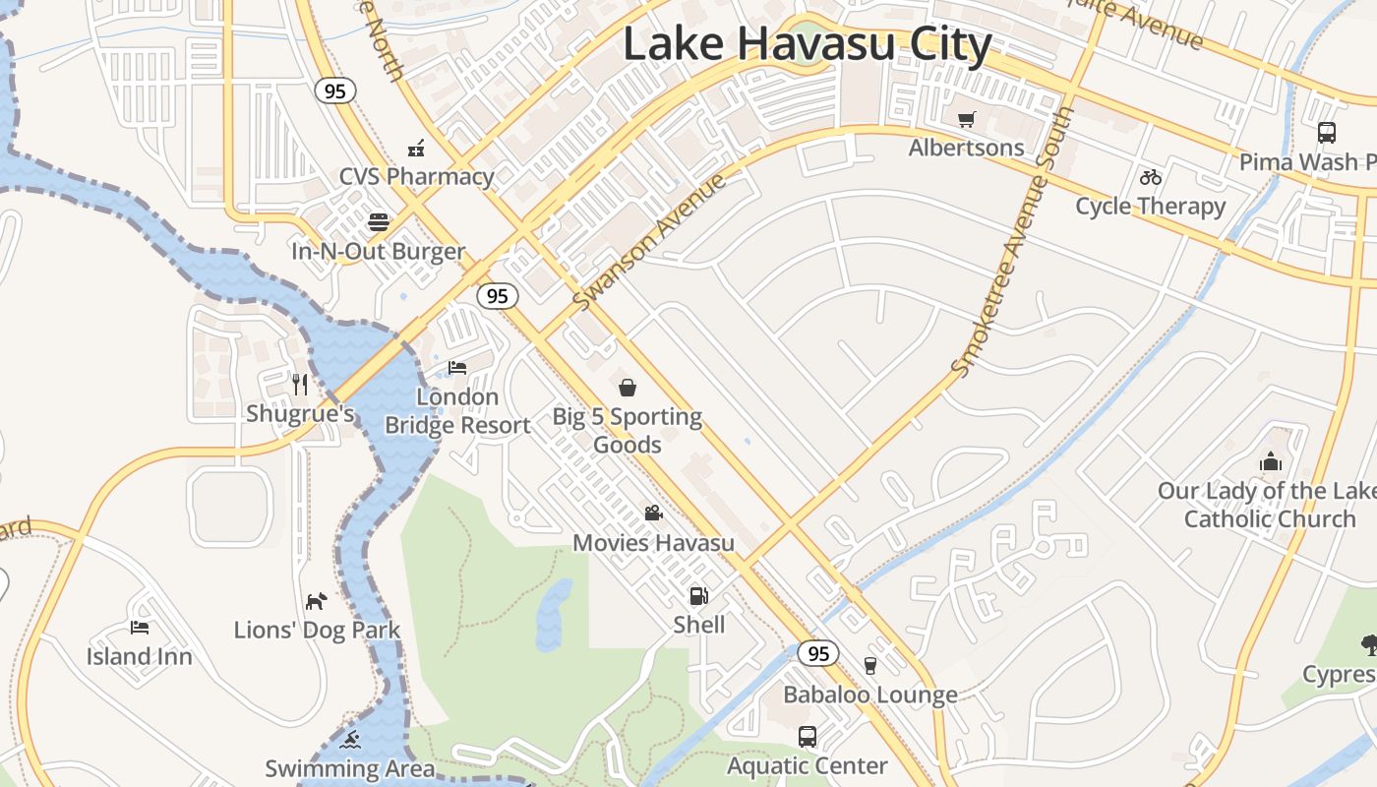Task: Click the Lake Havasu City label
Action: pyautogui.click(x=807, y=45)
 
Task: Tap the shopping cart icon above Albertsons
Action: pyautogui.click(x=967, y=119)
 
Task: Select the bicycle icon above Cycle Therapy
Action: pyautogui.click(x=1151, y=177)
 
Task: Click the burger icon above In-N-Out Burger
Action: pyautogui.click(x=379, y=221)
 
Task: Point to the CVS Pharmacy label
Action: pyautogui.click(x=416, y=177)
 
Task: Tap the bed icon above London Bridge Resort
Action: pyautogui.click(x=457, y=368)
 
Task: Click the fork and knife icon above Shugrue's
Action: pyautogui.click(x=300, y=384)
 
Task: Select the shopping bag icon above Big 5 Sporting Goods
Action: pyautogui.click(x=628, y=388)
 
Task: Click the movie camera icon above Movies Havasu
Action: pyautogui.click(x=653, y=513)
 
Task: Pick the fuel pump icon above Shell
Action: pyautogui.click(x=698, y=595)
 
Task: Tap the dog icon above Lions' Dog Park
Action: pyautogui.click(x=316, y=600)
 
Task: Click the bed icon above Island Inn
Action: pyautogui.click(x=140, y=627)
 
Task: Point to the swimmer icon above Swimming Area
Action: pyautogui.click(x=350, y=739)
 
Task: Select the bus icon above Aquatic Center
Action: pyautogui.click(x=807, y=736)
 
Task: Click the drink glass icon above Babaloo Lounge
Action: pyautogui.click(x=869, y=665)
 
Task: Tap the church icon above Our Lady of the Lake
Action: pyautogui.click(x=1270, y=461)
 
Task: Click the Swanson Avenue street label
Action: pyautogui.click(x=650, y=241)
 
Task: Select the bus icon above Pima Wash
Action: pyautogui.click(x=1326, y=132)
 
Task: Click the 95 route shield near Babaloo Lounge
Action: pyautogui.click(x=817, y=653)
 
